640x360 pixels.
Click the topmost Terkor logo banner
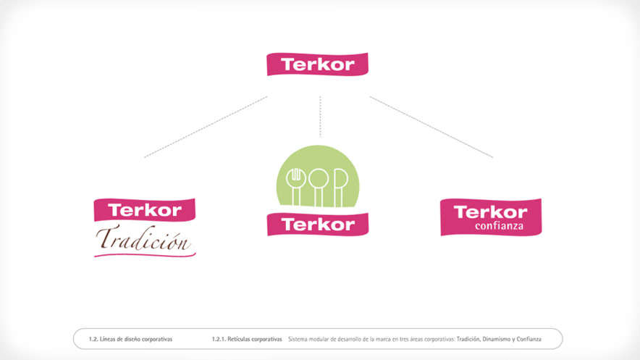click(318, 64)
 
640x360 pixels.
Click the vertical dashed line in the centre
click(320, 116)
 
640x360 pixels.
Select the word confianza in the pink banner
click(499, 226)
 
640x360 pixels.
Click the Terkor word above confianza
click(490, 212)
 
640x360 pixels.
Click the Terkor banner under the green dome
click(318, 224)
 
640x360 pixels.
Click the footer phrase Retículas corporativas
click(257, 338)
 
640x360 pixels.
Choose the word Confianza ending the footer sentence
click(527, 338)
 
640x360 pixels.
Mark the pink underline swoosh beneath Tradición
click(145, 254)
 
